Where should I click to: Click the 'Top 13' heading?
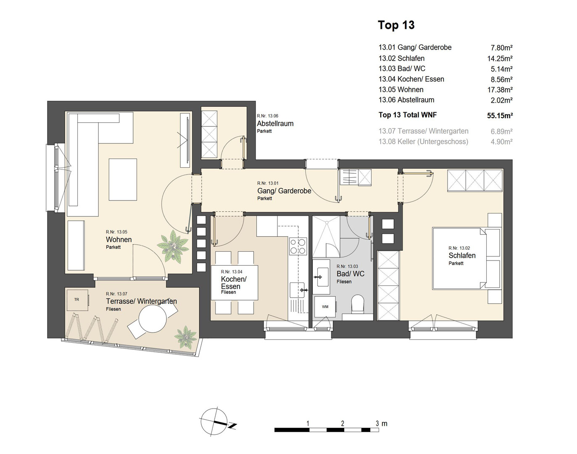tap(396, 25)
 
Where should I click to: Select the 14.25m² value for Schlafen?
tap(500, 58)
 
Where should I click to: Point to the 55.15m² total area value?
tap(500, 116)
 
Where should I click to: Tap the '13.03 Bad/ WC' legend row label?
tap(402, 69)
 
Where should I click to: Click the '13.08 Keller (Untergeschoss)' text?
tap(423, 142)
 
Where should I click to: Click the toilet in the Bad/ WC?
tap(358, 304)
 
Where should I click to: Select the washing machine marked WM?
tap(325, 307)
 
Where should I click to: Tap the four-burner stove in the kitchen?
tap(298, 246)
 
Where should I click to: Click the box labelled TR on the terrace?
tap(77, 300)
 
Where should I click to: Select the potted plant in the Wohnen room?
tap(173, 246)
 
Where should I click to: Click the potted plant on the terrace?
tap(185, 338)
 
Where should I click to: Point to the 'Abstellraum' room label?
tap(275, 124)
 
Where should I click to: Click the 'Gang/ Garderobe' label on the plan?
tap(284, 191)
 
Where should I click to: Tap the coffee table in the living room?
tap(123, 179)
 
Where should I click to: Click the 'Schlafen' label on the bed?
tap(462, 256)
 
